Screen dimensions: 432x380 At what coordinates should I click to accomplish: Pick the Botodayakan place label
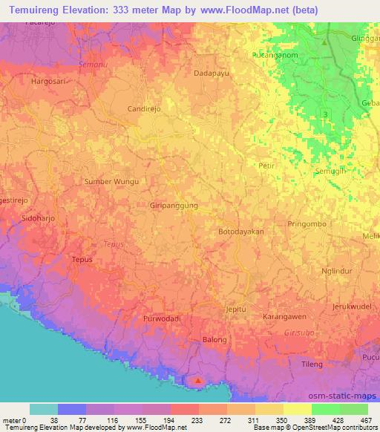[241, 232]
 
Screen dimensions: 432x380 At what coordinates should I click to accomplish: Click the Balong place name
[214, 340]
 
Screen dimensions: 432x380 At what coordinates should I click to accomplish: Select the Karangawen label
[285, 316]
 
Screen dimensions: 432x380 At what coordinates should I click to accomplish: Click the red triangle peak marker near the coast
[197, 382]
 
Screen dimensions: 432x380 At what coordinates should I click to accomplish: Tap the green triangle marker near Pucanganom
[324, 42]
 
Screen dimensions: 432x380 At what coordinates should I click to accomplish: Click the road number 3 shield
[326, 113]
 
